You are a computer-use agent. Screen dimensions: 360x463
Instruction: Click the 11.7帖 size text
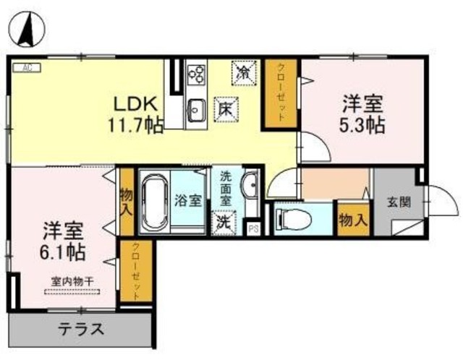135,124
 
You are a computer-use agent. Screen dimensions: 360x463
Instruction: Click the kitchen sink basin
195,111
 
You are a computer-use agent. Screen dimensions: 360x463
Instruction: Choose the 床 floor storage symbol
225,110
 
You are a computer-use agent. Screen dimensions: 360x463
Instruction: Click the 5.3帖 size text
362,124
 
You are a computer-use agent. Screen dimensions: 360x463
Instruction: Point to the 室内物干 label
72,283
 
